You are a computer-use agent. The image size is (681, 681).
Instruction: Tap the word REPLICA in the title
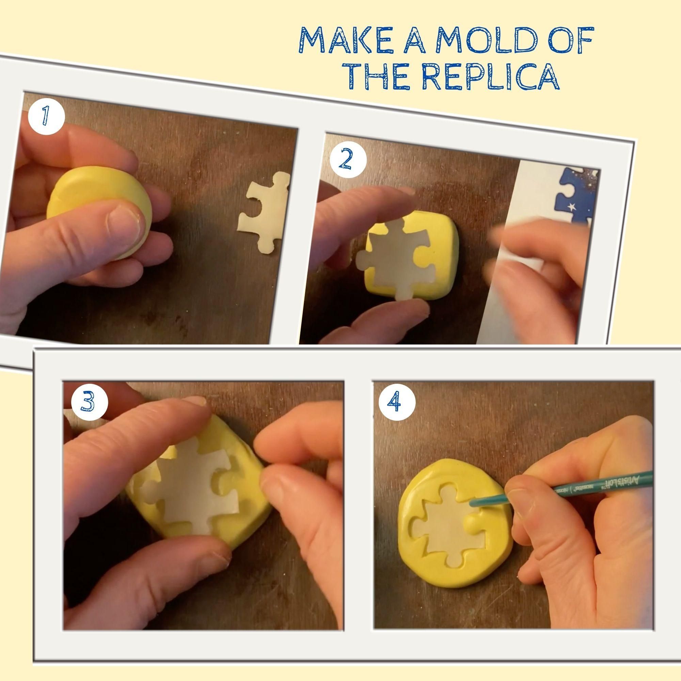[x=491, y=77]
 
